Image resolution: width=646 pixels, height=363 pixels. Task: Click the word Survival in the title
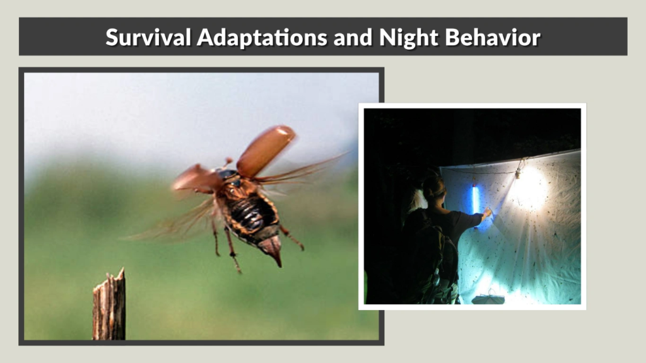point(149,37)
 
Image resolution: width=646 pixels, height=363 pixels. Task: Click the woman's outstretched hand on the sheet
point(487,214)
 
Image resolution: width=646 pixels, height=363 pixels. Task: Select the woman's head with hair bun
point(433,188)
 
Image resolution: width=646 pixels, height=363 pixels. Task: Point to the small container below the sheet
point(488,298)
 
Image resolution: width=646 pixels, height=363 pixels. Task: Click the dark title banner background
point(63,37)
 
